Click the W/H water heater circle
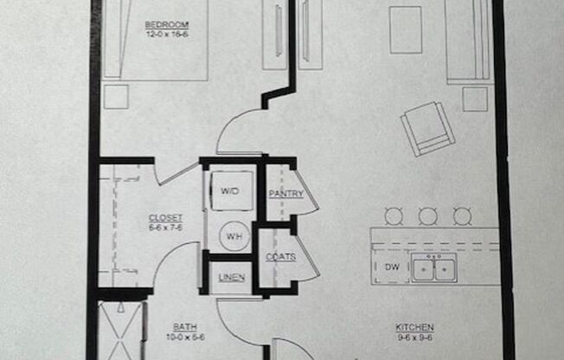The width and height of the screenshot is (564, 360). (x=231, y=234)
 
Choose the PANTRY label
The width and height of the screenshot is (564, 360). (x=285, y=194)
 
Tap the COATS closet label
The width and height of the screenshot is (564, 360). (x=281, y=256)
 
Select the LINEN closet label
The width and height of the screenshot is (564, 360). (x=230, y=277)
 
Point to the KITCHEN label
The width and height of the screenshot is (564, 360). (x=415, y=327)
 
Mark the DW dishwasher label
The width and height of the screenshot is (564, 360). (x=391, y=267)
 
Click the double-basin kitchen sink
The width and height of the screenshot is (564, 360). (x=433, y=269)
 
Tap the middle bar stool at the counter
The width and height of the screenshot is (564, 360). (x=427, y=215)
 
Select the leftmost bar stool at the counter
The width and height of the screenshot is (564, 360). (x=394, y=215)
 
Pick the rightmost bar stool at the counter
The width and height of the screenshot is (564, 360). (x=463, y=215)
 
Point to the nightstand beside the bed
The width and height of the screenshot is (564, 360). (x=115, y=96)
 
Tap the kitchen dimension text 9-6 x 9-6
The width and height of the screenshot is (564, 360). (x=415, y=337)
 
